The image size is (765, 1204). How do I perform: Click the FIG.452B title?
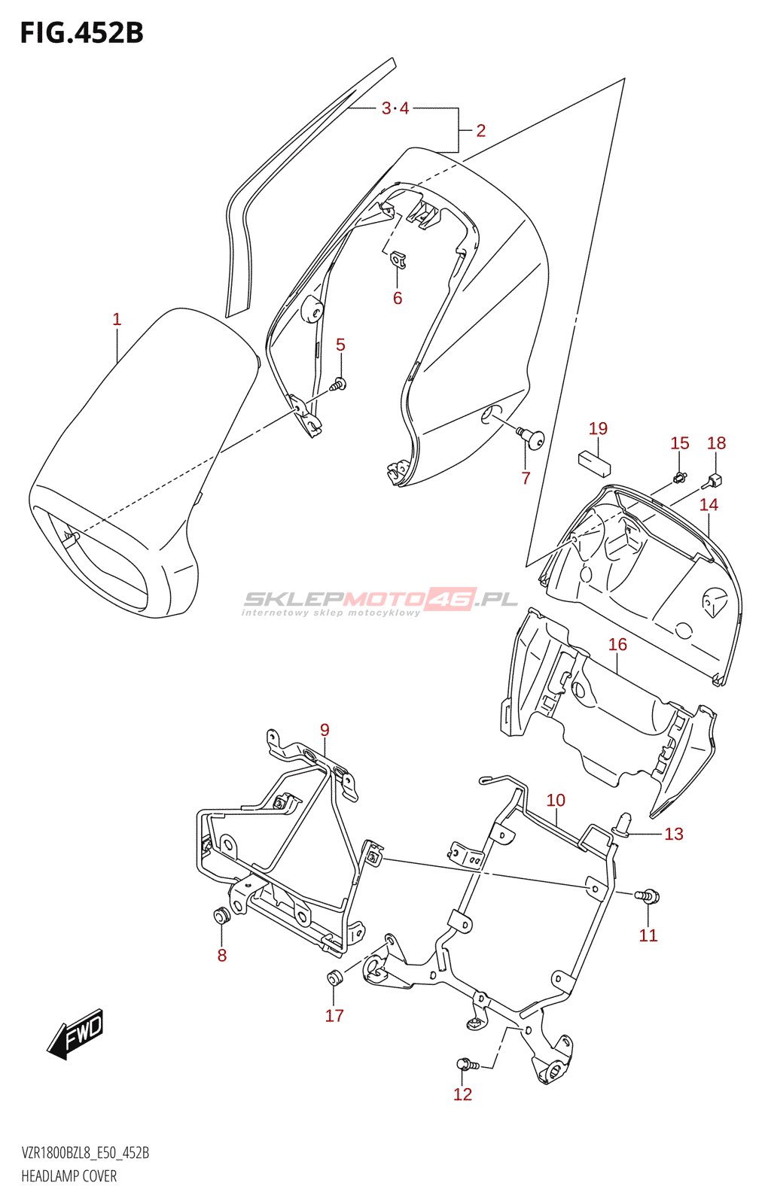[82, 33]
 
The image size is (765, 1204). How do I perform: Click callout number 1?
[117, 319]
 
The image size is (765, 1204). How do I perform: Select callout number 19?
[598, 428]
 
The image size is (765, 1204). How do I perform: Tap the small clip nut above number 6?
[398, 260]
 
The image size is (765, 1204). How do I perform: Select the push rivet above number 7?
[531, 437]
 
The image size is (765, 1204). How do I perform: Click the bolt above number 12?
[467, 1063]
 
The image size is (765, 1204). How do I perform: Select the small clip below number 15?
[680, 476]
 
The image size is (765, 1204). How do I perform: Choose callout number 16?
[617, 644]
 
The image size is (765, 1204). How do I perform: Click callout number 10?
[556, 801]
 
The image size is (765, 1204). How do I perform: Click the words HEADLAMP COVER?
[69, 1176]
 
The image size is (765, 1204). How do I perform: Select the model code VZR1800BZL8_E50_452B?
[85, 1153]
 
